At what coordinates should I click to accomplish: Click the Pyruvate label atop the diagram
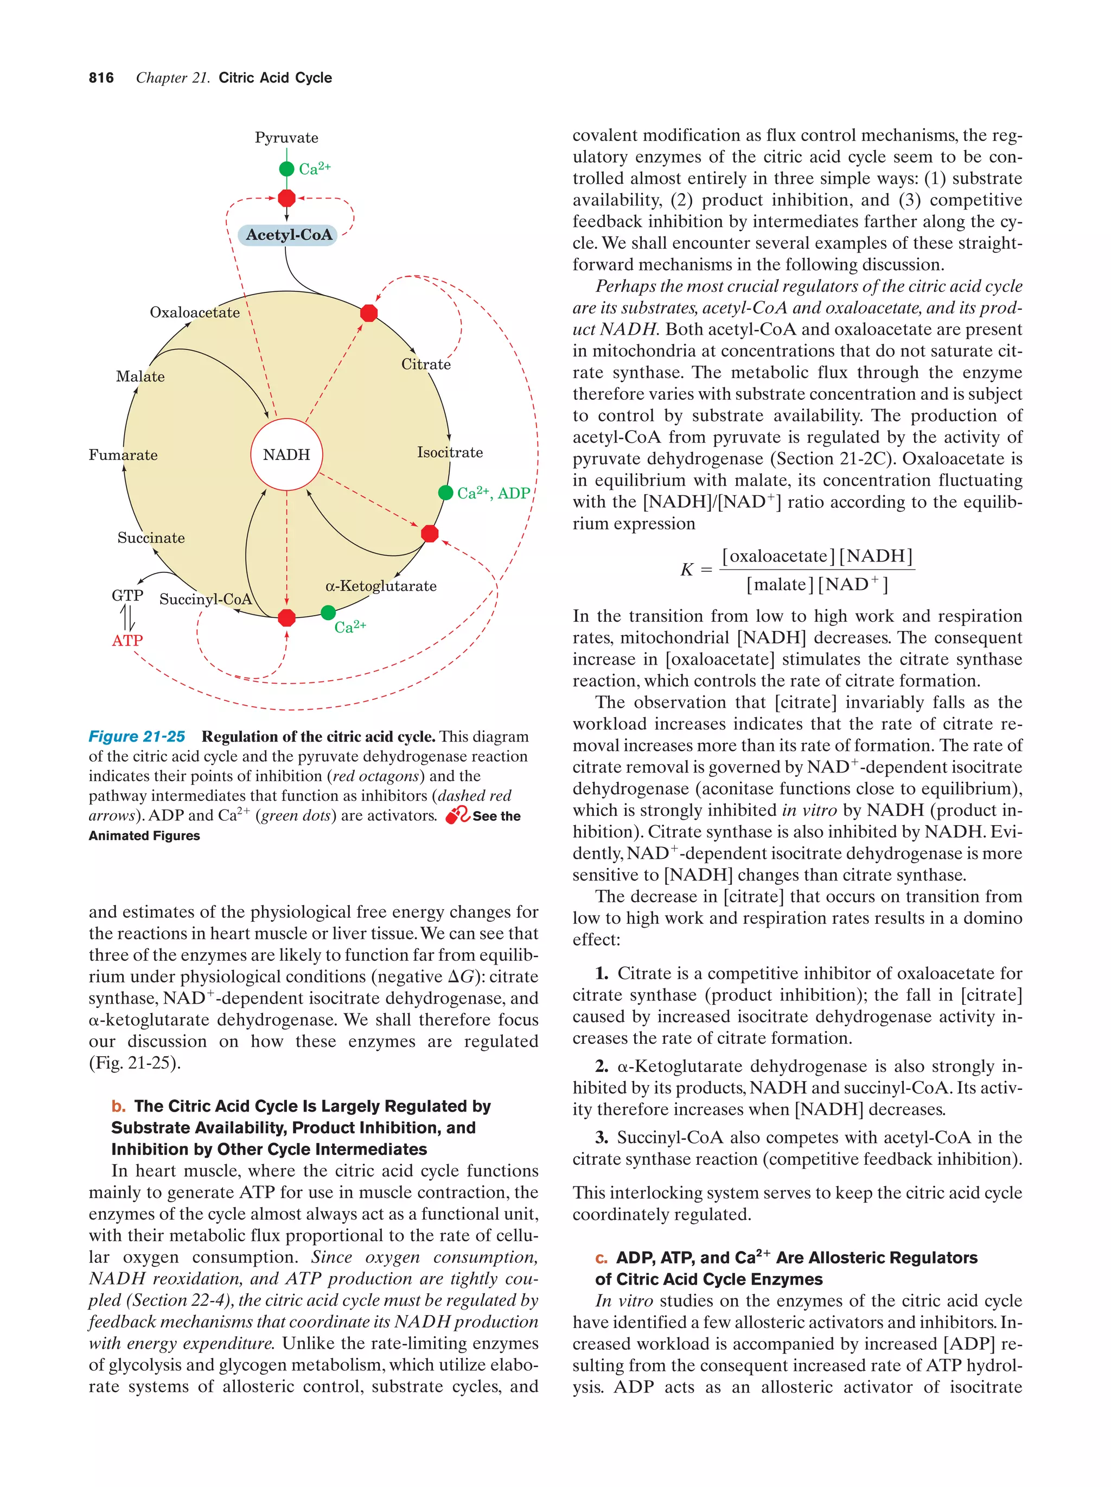coord(286,138)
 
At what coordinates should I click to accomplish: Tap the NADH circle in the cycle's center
coord(286,455)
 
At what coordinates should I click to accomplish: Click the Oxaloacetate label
coord(194,312)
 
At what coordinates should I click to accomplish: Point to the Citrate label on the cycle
coord(425,365)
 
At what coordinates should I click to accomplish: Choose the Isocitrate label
coord(450,452)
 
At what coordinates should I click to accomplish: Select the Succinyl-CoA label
coord(205,599)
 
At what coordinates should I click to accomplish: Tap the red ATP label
coord(127,641)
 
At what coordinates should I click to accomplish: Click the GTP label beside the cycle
coord(127,596)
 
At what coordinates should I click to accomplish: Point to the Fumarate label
coord(123,455)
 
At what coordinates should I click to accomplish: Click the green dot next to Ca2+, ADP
coord(445,493)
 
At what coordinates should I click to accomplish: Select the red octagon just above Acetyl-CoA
coord(286,199)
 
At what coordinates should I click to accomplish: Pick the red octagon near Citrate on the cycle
coord(368,312)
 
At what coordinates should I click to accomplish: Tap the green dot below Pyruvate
coord(286,169)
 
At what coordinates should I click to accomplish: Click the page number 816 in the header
coord(101,78)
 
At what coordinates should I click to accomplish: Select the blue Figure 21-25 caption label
coord(137,737)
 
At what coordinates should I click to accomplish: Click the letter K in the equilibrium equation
coord(686,570)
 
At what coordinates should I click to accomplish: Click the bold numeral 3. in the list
coord(602,1138)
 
